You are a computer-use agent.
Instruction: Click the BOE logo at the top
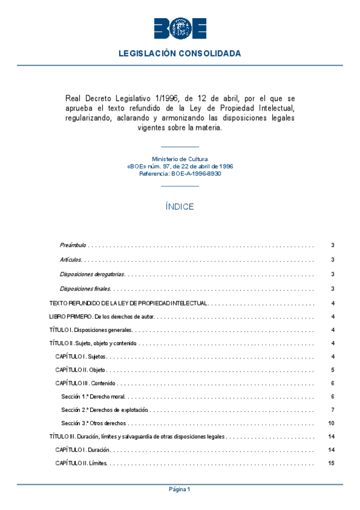coord(180,28)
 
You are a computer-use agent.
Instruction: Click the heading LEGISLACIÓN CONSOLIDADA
coord(180,54)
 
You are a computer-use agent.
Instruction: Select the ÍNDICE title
coord(180,206)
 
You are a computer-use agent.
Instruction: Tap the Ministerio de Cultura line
coord(180,159)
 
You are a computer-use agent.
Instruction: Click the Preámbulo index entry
coord(73,245)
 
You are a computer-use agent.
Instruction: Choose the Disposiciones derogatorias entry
coord(92,274)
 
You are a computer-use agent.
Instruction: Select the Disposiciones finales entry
coord(85,289)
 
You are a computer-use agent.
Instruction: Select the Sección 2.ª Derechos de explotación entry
coord(105,410)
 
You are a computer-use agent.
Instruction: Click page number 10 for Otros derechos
coord(331,423)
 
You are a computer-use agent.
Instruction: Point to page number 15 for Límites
coord(331,463)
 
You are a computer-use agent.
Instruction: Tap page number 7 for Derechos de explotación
coord(332,410)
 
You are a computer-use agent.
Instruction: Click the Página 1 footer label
coord(180,490)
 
